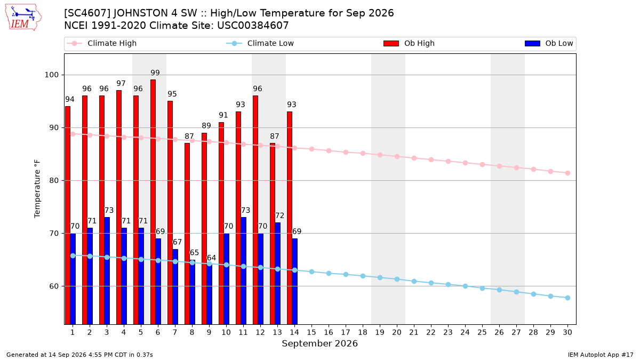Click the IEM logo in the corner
pos(23,18)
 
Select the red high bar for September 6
pos(153,202)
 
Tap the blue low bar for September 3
pos(107,271)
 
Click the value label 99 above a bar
pos(155,73)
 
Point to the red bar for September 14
pos(290,218)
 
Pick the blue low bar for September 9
pos(210,294)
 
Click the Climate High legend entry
pos(102,43)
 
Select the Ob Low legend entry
pos(549,43)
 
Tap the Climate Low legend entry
pos(260,43)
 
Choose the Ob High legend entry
pos(409,43)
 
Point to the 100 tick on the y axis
pos(51,75)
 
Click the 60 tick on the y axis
pos(54,286)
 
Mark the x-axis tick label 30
pos(567,332)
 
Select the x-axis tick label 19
pos(380,332)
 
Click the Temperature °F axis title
pos(37,189)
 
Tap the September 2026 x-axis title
pos(319,343)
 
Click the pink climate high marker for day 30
pos(567,173)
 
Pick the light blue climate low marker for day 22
pos(431,283)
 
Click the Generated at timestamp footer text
pos(79,355)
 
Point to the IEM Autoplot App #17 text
pos(601,355)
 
